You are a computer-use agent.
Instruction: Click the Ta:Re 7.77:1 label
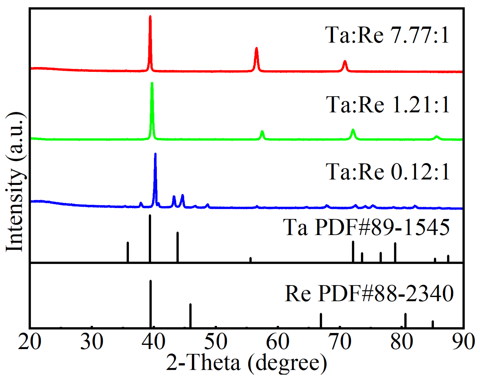tap(387, 35)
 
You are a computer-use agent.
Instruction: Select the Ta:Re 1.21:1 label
tap(388, 104)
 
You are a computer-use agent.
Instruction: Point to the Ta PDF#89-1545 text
tap(366, 227)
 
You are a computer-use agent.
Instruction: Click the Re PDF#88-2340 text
tap(369, 293)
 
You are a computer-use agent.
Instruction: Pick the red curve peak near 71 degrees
tap(345, 62)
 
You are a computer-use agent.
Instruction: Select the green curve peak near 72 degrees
tap(353, 131)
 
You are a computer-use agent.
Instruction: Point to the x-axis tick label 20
tap(30, 342)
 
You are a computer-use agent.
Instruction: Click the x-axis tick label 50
tap(216, 342)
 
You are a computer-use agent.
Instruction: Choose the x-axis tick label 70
tap(340, 342)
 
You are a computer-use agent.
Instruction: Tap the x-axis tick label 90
tap(463, 342)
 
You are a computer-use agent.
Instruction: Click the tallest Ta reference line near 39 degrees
tap(150, 238)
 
